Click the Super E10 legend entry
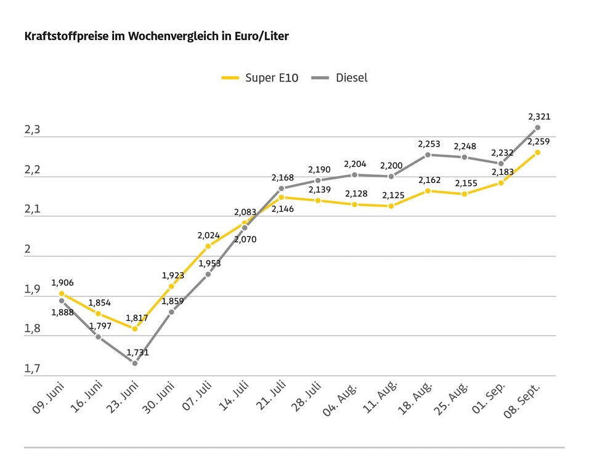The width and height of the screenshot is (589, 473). (260, 78)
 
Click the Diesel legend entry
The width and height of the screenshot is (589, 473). (339, 78)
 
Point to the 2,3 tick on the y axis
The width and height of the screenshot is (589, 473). (32, 130)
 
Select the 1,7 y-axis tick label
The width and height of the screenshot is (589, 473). (32, 369)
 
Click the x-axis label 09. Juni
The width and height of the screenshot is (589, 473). (49, 398)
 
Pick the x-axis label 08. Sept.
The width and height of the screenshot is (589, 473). (522, 400)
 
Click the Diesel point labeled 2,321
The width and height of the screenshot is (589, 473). (537, 127)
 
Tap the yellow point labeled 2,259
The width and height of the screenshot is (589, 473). (537, 152)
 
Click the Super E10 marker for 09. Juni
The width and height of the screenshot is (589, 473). (62, 294)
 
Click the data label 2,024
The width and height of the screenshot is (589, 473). (208, 235)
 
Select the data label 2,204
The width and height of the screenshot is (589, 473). (355, 164)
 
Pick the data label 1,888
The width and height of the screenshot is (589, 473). (62, 312)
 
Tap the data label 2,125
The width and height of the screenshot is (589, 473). (393, 195)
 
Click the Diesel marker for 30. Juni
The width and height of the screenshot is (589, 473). (171, 312)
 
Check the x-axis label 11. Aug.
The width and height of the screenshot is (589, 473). (380, 397)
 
